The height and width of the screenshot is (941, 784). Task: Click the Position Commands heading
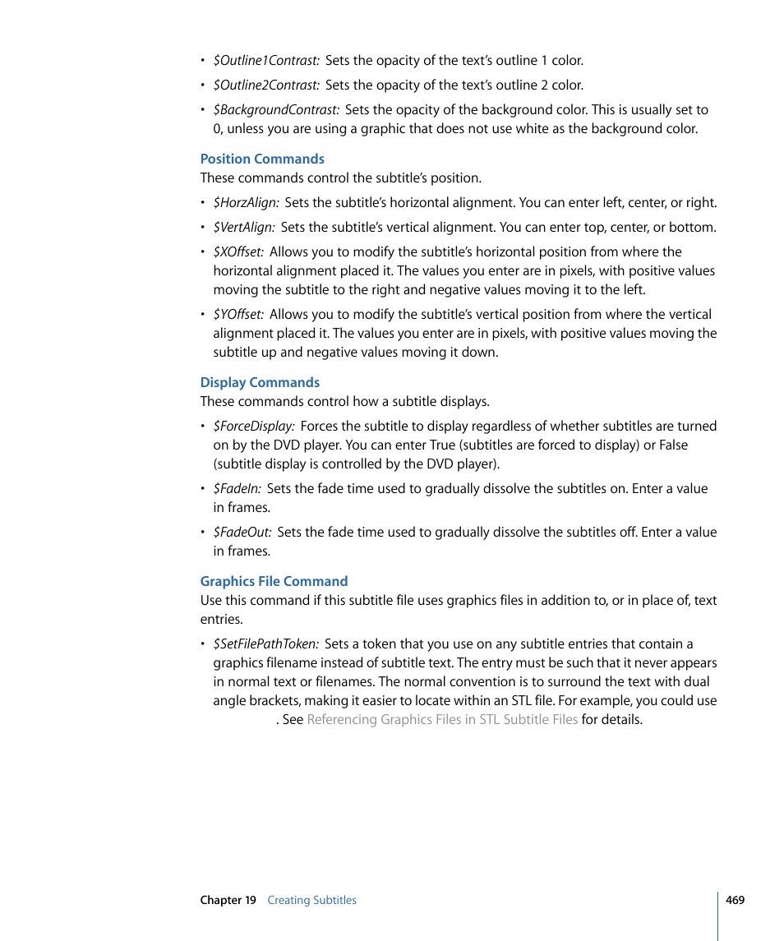(x=262, y=159)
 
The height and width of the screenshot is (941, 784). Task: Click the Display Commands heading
(x=260, y=383)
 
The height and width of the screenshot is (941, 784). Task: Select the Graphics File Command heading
(x=274, y=582)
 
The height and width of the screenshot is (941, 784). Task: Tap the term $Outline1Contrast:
(x=266, y=61)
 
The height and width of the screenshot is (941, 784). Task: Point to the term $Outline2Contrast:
(x=266, y=85)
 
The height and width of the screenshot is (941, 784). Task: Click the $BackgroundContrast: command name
(x=276, y=110)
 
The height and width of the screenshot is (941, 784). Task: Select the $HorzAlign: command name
(x=246, y=203)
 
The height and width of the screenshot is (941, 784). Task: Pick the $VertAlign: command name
(x=244, y=228)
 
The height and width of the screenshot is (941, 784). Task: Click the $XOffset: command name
(x=238, y=252)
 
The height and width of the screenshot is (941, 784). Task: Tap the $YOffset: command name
(x=238, y=315)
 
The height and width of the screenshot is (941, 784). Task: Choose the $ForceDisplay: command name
(x=254, y=427)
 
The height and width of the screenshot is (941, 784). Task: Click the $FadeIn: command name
(x=237, y=489)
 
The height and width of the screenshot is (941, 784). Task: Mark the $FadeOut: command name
(x=242, y=533)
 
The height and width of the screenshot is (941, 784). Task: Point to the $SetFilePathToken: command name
(x=265, y=644)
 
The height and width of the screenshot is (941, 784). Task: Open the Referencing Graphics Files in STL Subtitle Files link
(x=442, y=720)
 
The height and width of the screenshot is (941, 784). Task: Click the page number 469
(x=735, y=900)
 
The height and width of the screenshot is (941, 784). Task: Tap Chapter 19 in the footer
(x=228, y=901)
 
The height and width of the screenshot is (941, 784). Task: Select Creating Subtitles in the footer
(x=311, y=901)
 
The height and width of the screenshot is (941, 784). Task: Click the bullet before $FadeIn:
(x=203, y=489)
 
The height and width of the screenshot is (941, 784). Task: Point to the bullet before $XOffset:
(x=203, y=252)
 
